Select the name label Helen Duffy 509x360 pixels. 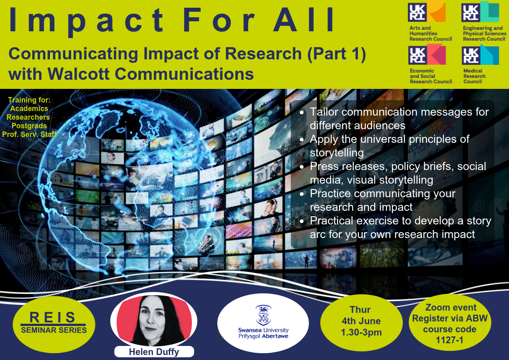coord(154,352)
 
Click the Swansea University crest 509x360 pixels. coord(263,315)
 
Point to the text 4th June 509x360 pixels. coord(361,321)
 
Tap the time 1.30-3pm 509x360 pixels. coord(361,332)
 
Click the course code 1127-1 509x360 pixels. coord(449,340)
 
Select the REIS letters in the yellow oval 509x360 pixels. coord(53,317)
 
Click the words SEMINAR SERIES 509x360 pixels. coord(54,331)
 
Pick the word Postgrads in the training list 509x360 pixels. coord(29,126)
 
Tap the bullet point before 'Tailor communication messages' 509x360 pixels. coord(302,112)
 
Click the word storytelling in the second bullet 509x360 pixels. coord(337,153)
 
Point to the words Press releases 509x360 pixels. coord(349,166)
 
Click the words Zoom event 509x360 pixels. coord(451,307)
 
